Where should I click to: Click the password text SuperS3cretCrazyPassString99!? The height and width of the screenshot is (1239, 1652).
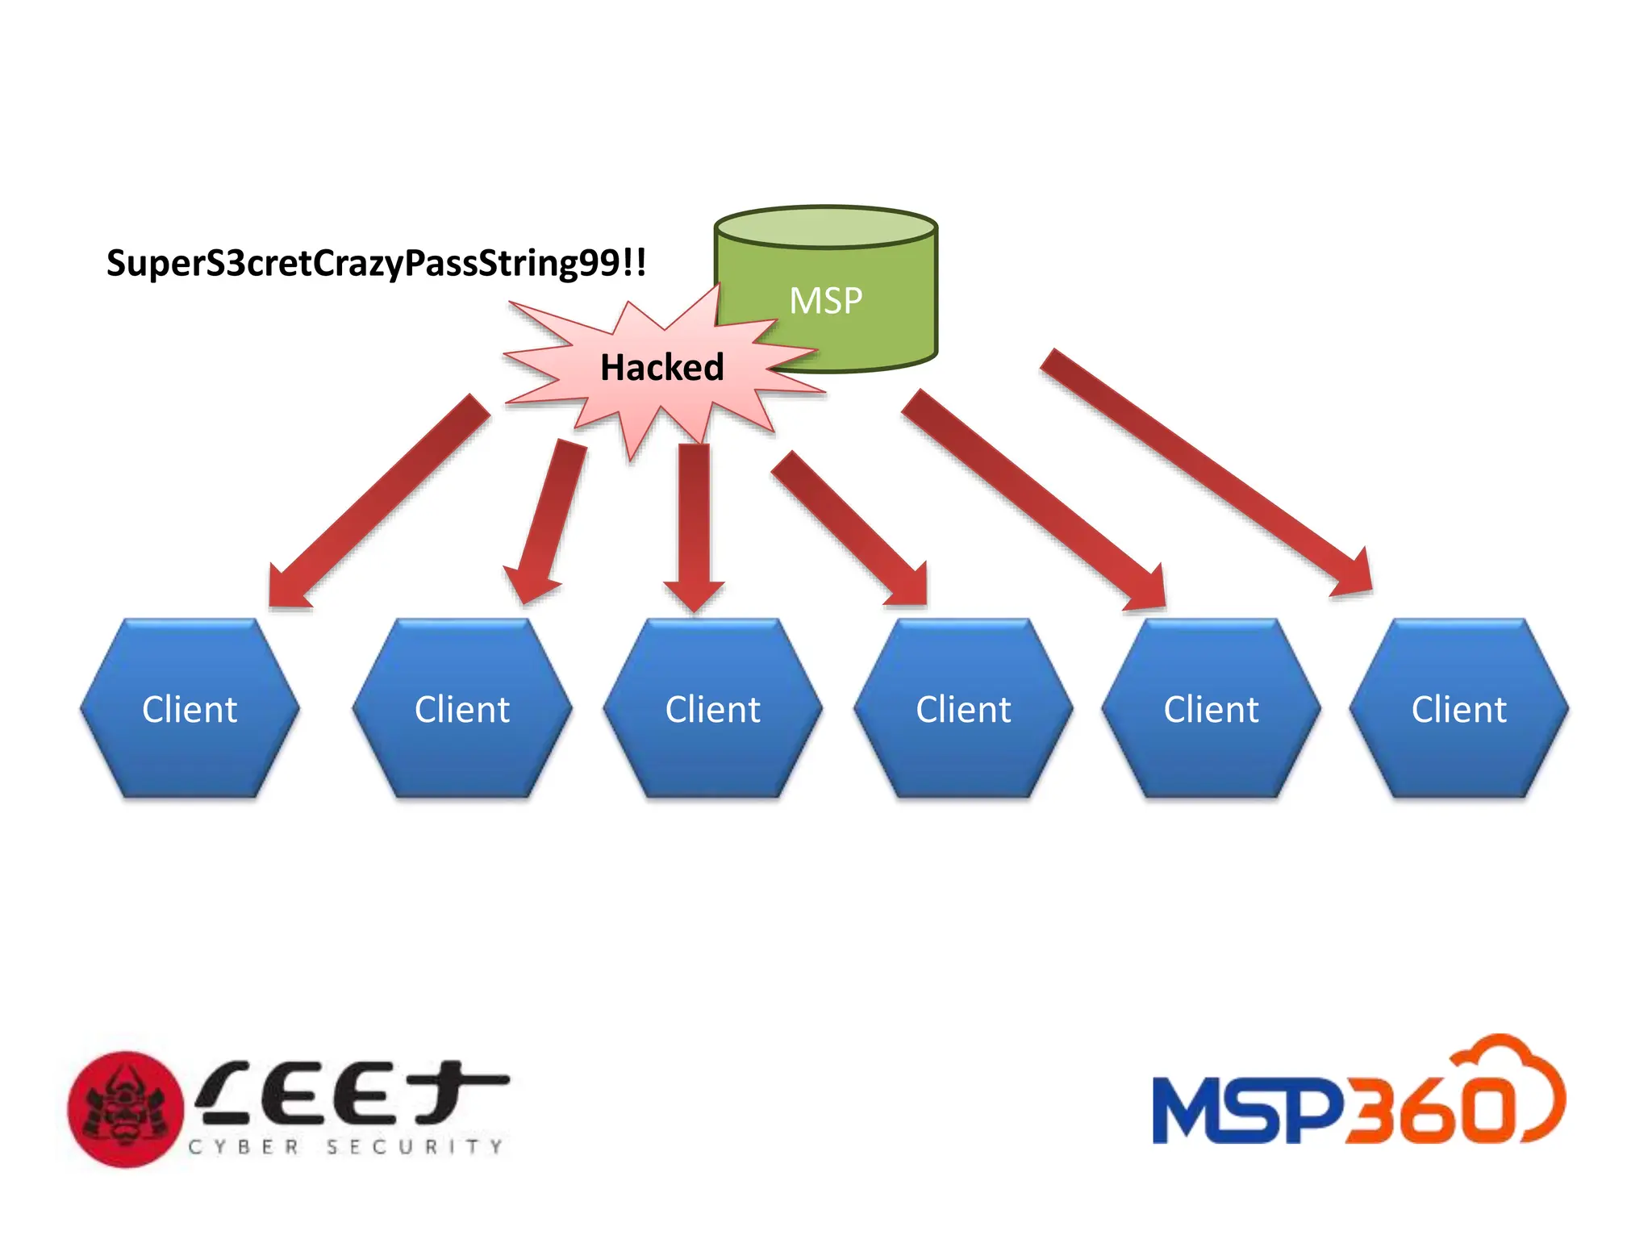pos(376,263)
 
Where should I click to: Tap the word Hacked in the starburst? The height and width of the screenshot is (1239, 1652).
pos(661,368)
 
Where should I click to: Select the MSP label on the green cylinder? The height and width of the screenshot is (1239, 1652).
pos(825,301)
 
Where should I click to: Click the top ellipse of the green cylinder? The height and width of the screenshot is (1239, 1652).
pos(825,227)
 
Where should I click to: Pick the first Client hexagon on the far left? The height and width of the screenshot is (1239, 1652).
pos(190,709)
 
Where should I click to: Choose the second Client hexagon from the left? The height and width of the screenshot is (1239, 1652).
pos(462,709)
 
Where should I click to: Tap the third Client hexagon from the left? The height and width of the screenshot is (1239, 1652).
pos(712,709)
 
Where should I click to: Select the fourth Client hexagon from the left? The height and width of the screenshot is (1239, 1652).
pos(963,709)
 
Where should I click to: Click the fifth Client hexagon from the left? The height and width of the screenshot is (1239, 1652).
pos(1211,709)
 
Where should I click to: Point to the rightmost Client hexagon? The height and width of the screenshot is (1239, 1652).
pos(1458,709)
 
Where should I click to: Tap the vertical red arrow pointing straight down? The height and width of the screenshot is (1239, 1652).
pos(694,524)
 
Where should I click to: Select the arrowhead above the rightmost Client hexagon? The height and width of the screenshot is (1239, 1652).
pos(1355,578)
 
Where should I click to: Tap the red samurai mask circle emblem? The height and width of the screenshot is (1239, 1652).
pos(125,1108)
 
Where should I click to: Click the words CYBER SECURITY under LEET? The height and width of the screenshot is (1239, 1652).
pos(345,1147)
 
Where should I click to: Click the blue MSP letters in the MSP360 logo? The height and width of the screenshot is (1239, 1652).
pos(1246,1110)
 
